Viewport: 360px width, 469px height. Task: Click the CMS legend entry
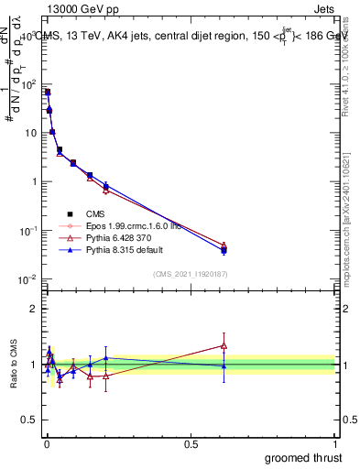pyautogui.click(x=93, y=213)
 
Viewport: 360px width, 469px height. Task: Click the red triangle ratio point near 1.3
pyautogui.click(x=224, y=345)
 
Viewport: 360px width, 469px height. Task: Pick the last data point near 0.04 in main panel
pyautogui.click(x=224, y=248)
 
